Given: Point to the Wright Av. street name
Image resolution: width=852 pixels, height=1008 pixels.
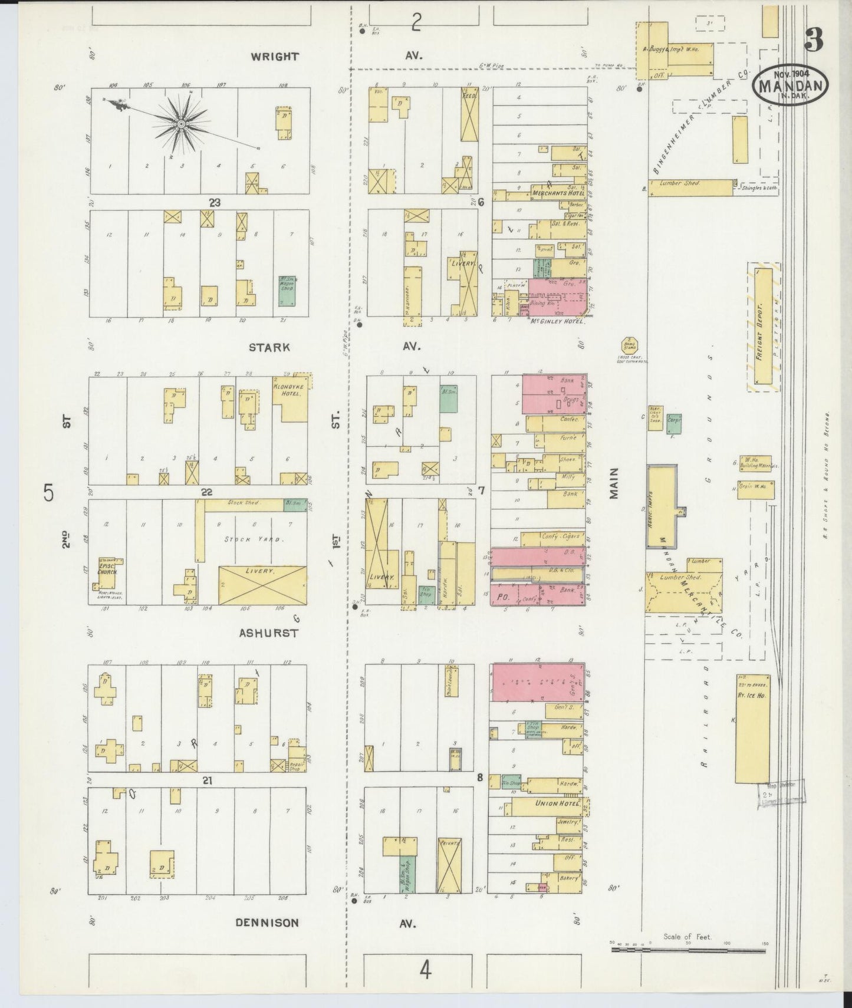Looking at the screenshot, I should tap(274, 57).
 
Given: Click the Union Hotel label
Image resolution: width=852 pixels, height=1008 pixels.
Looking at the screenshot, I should tap(546, 803).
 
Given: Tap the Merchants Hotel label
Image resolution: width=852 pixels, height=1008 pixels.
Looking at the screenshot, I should tap(549, 193).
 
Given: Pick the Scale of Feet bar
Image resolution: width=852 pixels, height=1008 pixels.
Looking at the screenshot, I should tap(687, 943).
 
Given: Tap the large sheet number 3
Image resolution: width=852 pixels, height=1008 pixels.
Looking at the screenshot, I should tap(812, 40).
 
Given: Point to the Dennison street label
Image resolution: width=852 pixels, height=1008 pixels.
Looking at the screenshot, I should tap(267, 923).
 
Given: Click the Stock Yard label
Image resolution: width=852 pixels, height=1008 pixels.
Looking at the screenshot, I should tap(248, 539).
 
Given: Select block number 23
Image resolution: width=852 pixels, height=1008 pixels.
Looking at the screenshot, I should tap(214, 202).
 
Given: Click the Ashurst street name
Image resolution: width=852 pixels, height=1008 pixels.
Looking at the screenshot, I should tap(268, 633).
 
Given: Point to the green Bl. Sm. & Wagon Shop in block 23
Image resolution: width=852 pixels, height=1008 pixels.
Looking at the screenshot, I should tap(287, 290).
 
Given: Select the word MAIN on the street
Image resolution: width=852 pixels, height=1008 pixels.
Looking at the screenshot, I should tap(614, 483).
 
